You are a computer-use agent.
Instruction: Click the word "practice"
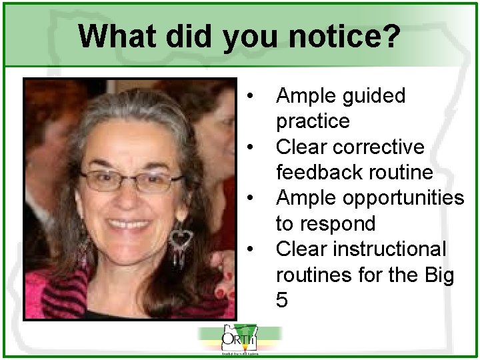(312, 121)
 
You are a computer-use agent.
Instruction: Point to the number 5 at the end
(282, 301)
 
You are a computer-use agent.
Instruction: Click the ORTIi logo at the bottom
(239, 341)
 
